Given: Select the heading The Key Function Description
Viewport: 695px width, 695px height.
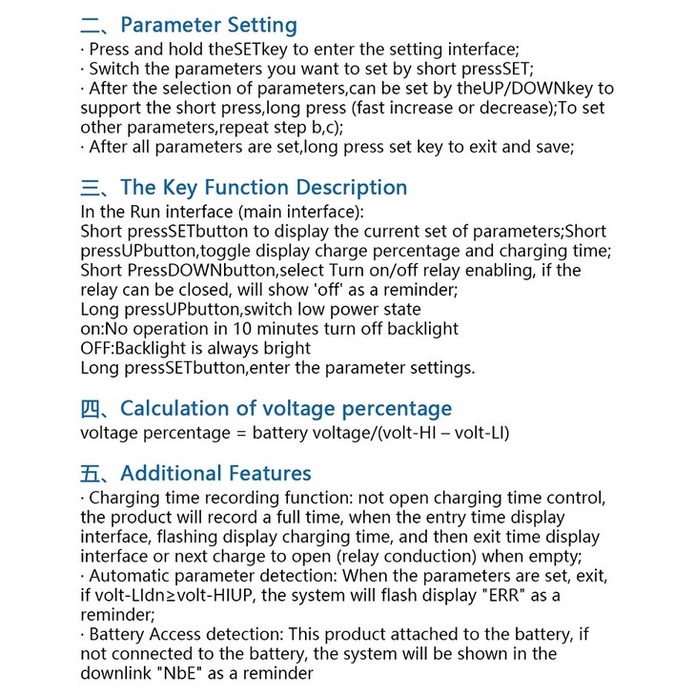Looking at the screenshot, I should (x=263, y=187).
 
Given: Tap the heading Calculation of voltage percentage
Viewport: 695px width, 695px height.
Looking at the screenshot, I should (x=286, y=409).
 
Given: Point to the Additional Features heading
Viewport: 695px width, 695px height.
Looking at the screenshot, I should (x=215, y=473).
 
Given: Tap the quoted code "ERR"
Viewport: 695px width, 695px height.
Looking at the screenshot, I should (x=502, y=596).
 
